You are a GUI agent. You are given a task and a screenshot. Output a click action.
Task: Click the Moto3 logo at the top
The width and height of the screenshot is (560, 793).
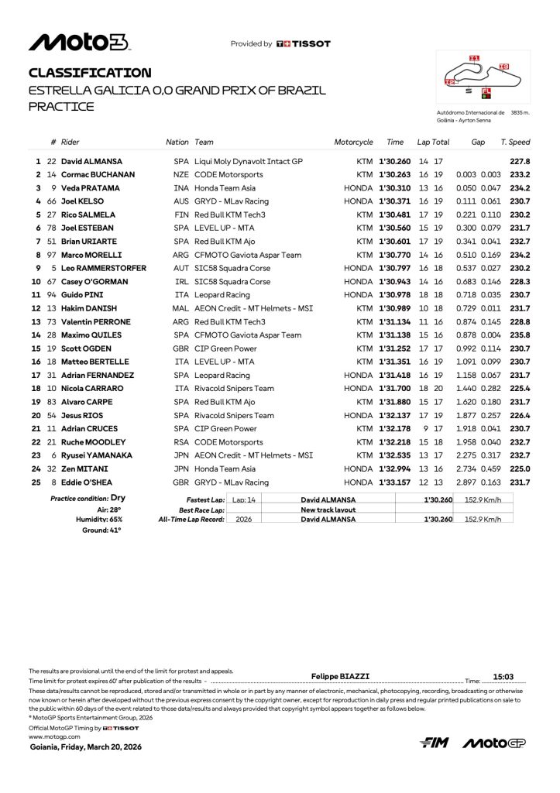tap(80, 42)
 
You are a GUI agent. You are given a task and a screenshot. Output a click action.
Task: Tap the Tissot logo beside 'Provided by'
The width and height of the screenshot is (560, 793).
tap(304, 44)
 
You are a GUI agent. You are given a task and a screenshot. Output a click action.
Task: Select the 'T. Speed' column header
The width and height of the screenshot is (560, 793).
tap(515, 142)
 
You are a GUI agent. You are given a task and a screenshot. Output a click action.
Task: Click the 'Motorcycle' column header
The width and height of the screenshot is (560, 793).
tap(353, 142)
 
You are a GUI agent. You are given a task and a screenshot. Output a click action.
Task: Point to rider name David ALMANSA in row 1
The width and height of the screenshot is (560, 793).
tap(92, 162)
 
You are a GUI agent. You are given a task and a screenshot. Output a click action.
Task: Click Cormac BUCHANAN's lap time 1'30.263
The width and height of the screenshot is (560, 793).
tap(395, 175)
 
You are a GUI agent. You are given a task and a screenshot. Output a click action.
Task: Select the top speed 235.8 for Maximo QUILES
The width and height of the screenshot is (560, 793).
tap(520, 335)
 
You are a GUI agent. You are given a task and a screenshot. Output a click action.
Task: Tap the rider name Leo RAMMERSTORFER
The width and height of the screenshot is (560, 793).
tap(104, 269)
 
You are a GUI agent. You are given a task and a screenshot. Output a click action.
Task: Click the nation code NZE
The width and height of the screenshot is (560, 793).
tap(181, 175)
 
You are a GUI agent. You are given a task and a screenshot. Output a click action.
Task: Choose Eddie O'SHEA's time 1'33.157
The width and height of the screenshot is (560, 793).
tap(395, 482)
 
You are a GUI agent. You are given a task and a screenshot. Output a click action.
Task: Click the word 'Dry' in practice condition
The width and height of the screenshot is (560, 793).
tap(118, 498)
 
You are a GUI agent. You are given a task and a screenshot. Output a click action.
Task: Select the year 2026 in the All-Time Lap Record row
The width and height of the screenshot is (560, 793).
tap(244, 520)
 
